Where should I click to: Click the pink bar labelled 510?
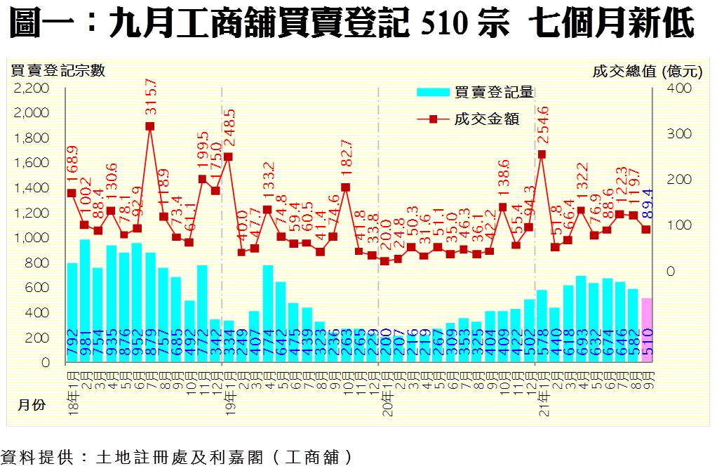[x=646, y=330]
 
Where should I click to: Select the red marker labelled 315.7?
[x=149, y=126]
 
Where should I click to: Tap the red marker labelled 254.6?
[x=542, y=154]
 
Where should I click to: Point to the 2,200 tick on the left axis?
[x=32, y=88]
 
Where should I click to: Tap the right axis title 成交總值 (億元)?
[x=646, y=70]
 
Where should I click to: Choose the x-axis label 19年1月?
[x=229, y=381]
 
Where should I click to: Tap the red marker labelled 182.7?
[x=345, y=187]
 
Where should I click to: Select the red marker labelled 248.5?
[x=228, y=157]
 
